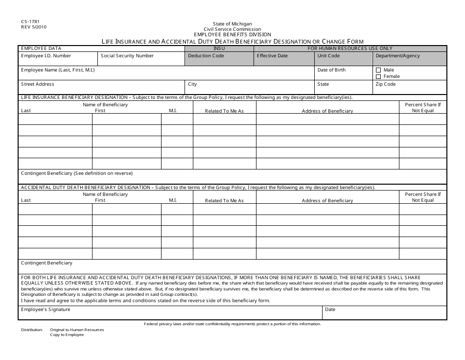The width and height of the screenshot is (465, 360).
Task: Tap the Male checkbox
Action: point(378,71)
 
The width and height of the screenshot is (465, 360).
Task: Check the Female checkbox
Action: point(378,76)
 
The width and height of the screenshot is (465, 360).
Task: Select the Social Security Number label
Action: point(127,56)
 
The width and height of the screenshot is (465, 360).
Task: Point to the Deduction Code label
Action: point(206,56)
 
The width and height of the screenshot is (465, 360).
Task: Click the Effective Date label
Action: point(273,56)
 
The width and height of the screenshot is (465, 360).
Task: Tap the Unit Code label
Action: point(328,56)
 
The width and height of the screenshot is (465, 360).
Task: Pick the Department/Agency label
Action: point(397,56)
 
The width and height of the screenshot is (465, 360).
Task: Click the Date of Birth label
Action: point(331,70)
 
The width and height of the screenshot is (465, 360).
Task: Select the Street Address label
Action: point(38,84)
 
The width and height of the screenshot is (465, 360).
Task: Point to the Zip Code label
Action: point(385,84)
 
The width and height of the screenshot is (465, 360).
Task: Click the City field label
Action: point(193,84)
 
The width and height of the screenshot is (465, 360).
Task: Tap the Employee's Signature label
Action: point(46,310)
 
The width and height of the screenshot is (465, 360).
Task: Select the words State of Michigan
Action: point(232,24)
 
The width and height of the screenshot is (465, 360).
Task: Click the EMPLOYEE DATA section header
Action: point(41,48)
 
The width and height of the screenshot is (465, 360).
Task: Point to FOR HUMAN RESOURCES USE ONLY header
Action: point(350,48)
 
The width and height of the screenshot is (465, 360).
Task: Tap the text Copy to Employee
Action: point(67,335)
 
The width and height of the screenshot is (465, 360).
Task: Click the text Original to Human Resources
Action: point(77,330)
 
